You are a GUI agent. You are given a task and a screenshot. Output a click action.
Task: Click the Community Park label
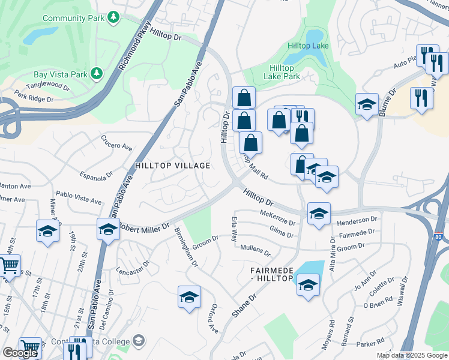74,19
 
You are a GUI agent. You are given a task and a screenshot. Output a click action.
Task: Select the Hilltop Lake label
307,46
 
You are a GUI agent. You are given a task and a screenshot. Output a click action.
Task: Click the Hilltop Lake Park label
282,72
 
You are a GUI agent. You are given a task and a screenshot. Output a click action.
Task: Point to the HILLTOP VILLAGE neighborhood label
172,166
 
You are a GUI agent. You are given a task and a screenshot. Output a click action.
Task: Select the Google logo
20,353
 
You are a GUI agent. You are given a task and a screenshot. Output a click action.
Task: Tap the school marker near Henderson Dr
319,214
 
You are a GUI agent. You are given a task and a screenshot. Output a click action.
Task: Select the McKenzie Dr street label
277,218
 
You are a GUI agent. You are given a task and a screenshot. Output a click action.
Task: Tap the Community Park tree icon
113,19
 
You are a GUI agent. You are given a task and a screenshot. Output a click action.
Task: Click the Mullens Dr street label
255,250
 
